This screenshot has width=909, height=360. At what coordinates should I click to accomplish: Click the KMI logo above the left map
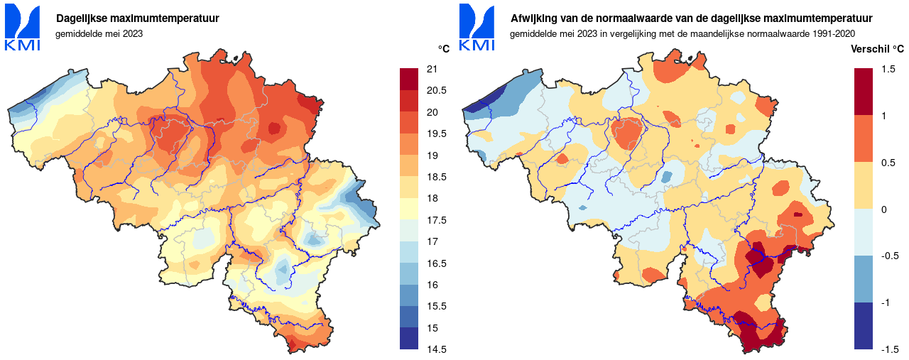[x=22, y=28]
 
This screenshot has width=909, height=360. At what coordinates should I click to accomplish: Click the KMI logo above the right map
[x=477, y=28]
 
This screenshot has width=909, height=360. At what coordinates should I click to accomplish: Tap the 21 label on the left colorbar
[x=431, y=69]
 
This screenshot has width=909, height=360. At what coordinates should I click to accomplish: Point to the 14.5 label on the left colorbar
[x=435, y=349]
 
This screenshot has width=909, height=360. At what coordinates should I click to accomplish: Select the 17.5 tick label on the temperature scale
[x=435, y=220]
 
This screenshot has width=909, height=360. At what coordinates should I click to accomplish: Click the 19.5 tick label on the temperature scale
[x=435, y=133]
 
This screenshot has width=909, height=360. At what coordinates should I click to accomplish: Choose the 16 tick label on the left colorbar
[x=431, y=285]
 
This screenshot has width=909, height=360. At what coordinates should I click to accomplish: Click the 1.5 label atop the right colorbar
[x=887, y=69]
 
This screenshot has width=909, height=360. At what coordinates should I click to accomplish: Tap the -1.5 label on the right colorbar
[x=889, y=349]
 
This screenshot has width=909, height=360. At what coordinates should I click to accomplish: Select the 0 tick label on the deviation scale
[x=883, y=209]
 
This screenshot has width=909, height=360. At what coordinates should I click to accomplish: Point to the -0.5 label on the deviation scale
[x=889, y=256]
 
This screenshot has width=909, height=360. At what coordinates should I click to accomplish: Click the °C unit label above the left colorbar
[x=443, y=49]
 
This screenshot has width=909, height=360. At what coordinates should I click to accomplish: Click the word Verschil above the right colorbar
[x=869, y=49]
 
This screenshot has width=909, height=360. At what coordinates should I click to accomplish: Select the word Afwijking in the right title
[x=533, y=18]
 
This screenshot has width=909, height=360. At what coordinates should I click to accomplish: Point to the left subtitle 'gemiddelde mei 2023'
[x=99, y=33]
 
